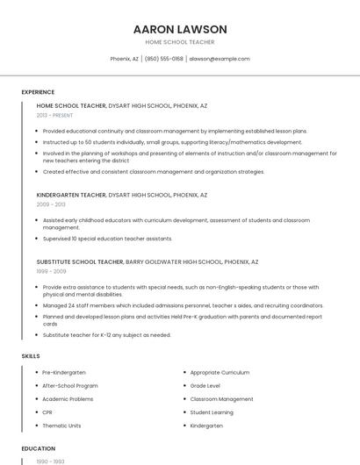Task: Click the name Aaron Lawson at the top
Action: tap(180, 29)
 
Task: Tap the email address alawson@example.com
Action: tap(220, 59)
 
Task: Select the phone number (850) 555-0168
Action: tap(163, 59)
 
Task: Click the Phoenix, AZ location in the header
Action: tap(124, 59)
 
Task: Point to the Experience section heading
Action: tap(38, 92)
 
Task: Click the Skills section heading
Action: tap(31, 356)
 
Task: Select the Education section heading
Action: tap(39, 448)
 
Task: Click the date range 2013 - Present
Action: tap(55, 115)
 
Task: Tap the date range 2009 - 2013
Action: tap(50, 204)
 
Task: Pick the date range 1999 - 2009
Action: tap(50, 271)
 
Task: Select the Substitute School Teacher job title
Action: tap(80, 261)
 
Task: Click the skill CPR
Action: tap(47, 412)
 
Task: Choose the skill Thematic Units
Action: tap(61, 426)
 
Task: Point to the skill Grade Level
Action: tap(205, 385)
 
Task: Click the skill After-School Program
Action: tap(70, 385)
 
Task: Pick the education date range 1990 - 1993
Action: tap(50, 461)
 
